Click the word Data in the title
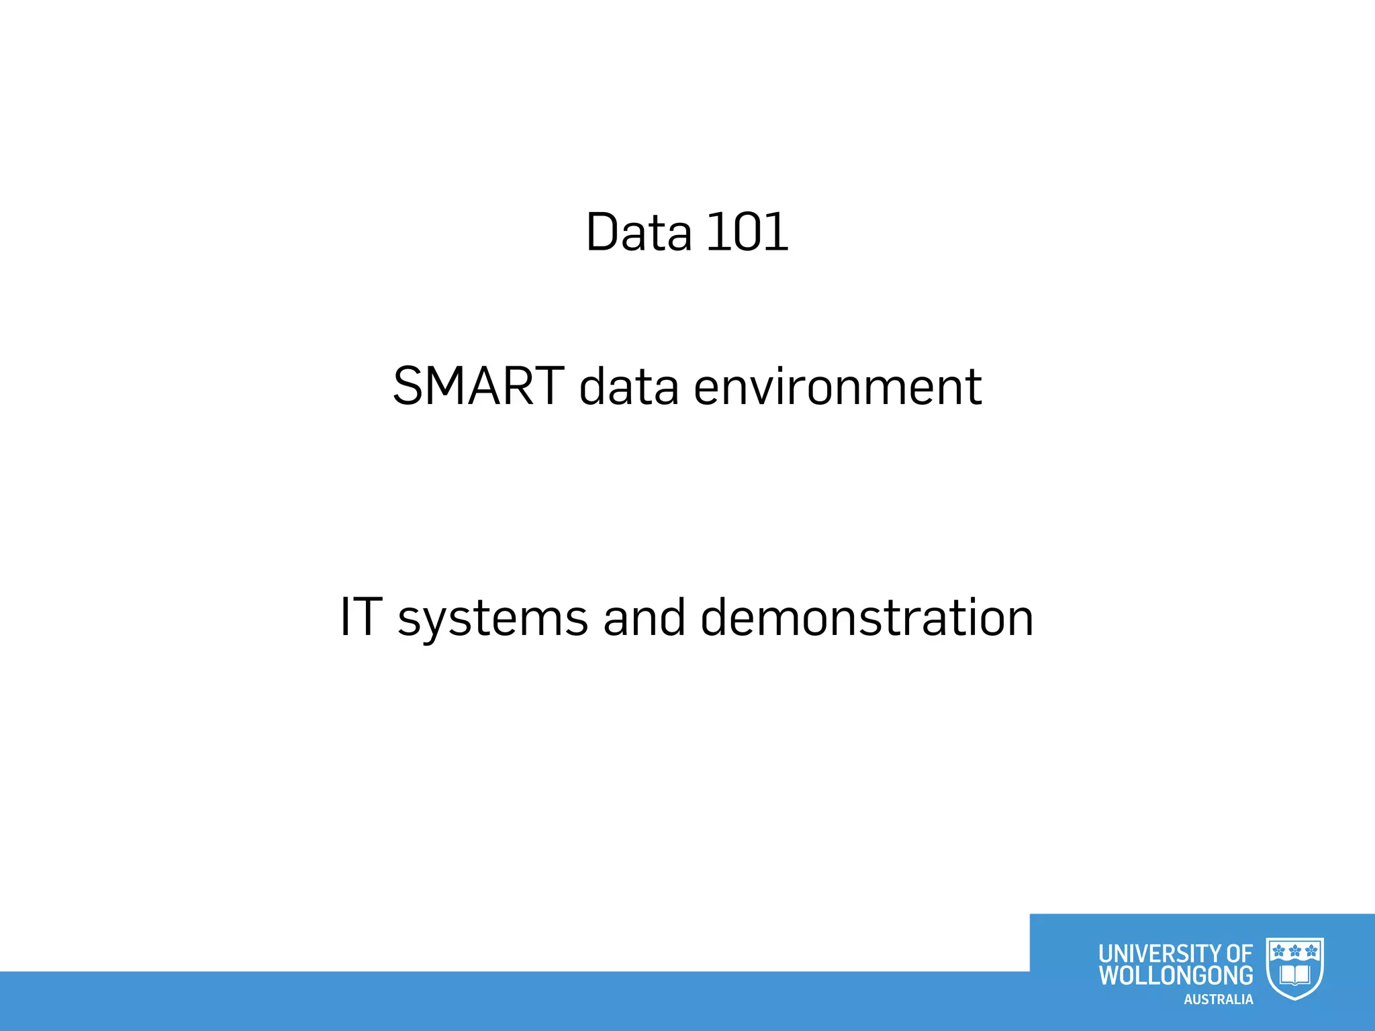[x=638, y=232]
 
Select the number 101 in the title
[x=747, y=232]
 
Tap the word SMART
[x=478, y=387]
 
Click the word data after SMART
[x=629, y=387]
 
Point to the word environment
[x=837, y=387]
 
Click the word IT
[x=361, y=618]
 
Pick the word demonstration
[x=867, y=618]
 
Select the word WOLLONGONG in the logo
[x=1176, y=975]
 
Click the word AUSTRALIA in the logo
[x=1218, y=999]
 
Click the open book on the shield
[x=1295, y=974]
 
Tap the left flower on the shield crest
[x=1279, y=950]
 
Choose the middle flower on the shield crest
[x=1295, y=950]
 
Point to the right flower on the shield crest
[x=1311, y=950]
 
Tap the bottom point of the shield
[x=1295, y=999]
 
